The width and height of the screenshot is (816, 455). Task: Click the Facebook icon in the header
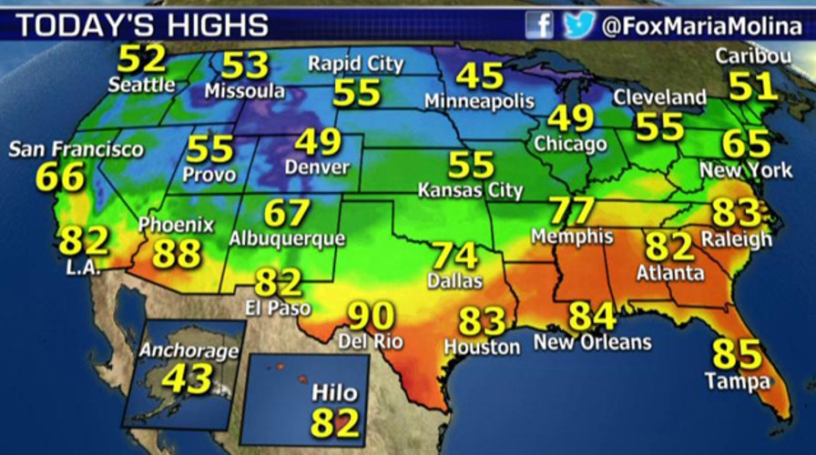539,25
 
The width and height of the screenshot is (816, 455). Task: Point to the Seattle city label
141,86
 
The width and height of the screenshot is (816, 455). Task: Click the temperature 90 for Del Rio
371,317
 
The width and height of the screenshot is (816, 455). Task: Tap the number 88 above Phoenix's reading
177,253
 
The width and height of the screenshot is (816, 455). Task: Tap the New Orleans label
593,343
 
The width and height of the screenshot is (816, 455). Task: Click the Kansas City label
470,191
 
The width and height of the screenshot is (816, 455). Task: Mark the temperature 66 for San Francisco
60,177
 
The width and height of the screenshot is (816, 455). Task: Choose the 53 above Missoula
245,65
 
